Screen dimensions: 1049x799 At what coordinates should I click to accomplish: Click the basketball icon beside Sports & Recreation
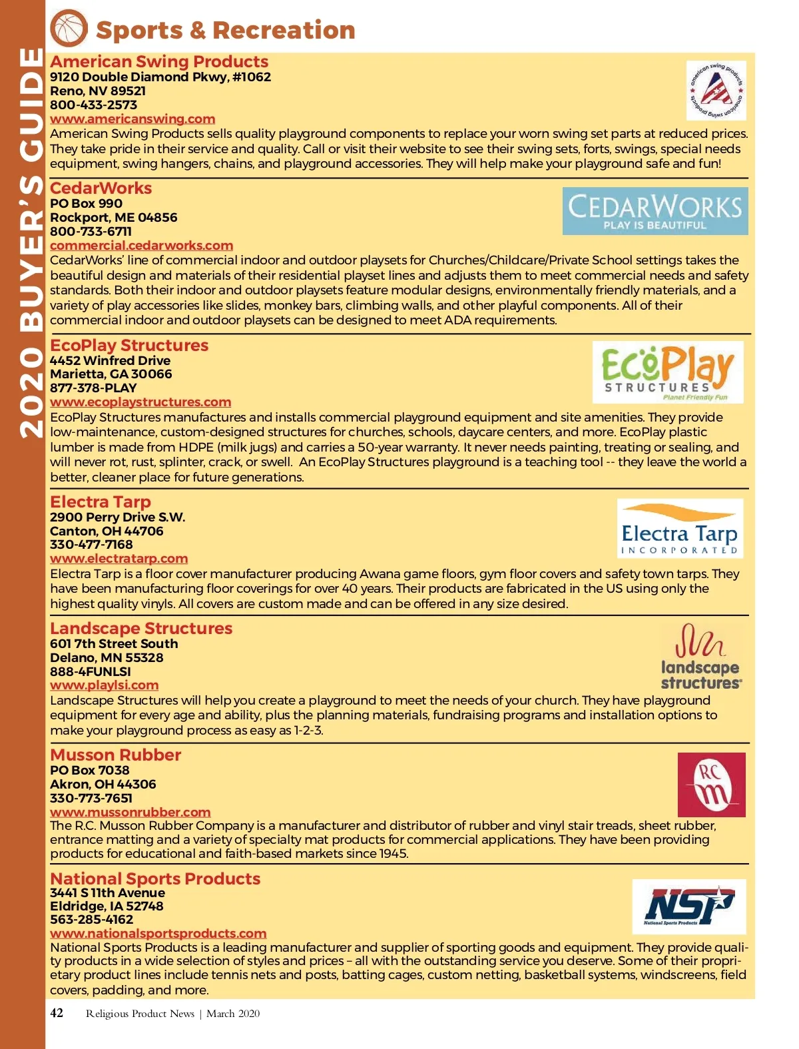[x=69, y=29]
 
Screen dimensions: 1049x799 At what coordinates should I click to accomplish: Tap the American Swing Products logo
[x=716, y=91]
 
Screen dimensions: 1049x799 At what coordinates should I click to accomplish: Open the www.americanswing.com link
[x=133, y=119]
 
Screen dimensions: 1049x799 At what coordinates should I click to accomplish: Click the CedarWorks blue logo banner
[x=655, y=211]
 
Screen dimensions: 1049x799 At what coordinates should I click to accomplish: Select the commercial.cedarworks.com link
[x=141, y=246]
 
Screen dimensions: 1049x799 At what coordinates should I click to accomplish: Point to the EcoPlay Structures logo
[x=668, y=372]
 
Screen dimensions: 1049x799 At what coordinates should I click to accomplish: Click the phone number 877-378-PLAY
[x=93, y=388]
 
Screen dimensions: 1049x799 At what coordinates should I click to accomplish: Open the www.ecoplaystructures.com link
[x=140, y=402]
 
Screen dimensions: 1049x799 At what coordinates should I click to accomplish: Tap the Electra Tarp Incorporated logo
[x=680, y=528]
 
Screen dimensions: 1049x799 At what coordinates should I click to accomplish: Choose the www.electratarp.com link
[x=119, y=559]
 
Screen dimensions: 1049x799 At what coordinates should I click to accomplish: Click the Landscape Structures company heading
[x=141, y=629]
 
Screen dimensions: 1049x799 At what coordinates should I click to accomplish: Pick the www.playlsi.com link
[x=104, y=685]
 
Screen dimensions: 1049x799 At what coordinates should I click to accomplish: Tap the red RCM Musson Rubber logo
[x=711, y=785]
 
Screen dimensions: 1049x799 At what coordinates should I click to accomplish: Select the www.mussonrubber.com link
[x=130, y=813]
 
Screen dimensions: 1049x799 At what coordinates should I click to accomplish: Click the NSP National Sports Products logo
[x=689, y=906]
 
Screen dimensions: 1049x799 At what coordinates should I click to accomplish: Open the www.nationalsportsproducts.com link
[x=158, y=934]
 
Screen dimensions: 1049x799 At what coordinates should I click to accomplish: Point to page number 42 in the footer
[x=57, y=1013]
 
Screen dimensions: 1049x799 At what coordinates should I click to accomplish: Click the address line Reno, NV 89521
[x=98, y=91]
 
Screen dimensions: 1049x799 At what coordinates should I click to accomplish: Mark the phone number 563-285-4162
[x=91, y=920]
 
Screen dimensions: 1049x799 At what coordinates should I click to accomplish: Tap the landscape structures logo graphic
[x=700, y=657]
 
